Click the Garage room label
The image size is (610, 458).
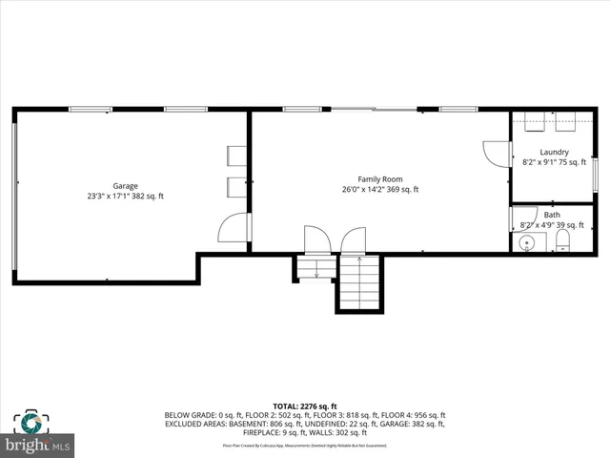[x=126, y=186]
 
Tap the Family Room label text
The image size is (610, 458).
[x=380, y=178]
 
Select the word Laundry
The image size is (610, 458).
[x=554, y=153]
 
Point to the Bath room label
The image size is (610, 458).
[x=552, y=215]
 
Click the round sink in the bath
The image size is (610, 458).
[x=527, y=243]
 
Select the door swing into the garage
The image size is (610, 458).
[x=234, y=227]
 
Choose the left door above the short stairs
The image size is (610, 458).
[x=315, y=239]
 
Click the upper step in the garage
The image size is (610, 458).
[x=235, y=156]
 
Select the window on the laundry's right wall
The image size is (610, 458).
[x=594, y=174]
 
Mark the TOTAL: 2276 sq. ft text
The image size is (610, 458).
[x=304, y=405]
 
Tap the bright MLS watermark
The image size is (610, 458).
[x=38, y=446]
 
